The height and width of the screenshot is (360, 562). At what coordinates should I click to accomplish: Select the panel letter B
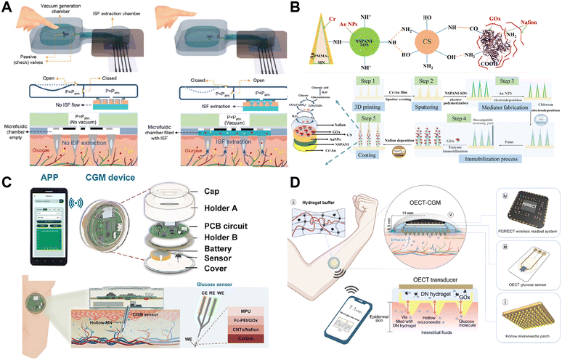pyautogui.click(x=293, y=7)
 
